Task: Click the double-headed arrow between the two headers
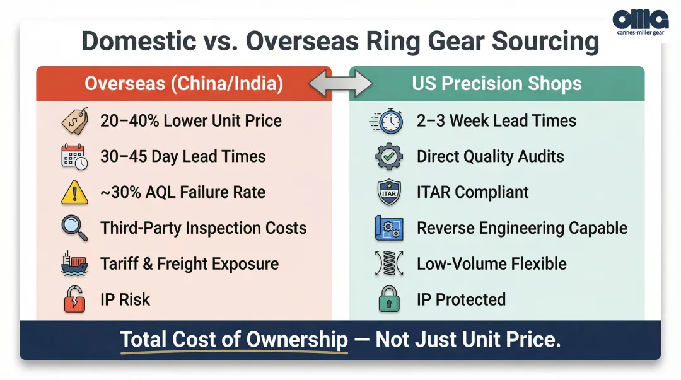(x=340, y=84)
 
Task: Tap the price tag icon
(x=74, y=121)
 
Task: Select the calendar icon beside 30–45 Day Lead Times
(x=74, y=157)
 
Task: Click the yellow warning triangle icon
(x=74, y=193)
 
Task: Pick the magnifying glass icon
(x=74, y=228)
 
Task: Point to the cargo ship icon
(x=74, y=264)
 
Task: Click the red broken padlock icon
(x=74, y=299)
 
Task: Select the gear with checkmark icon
(x=389, y=157)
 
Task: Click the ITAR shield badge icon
(x=389, y=193)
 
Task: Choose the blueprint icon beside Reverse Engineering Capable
(x=389, y=228)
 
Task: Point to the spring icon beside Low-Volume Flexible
(x=389, y=264)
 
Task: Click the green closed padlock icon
(x=389, y=299)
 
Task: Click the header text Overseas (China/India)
(x=183, y=84)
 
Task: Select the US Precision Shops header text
(x=497, y=84)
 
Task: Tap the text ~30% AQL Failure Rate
(x=182, y=193)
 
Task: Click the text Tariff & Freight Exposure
(x=189, y=264)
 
